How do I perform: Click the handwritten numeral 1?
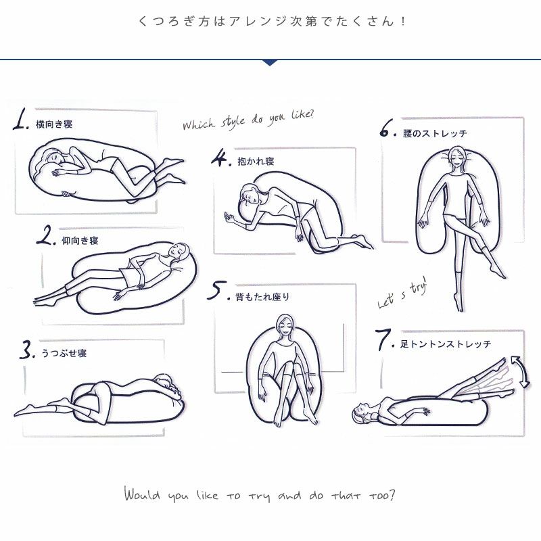click(x=20, y=120)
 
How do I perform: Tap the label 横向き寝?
click(x=54, y=124)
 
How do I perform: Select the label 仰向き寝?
click(x=80, y=241)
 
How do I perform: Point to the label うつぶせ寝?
click(x=64, y=353)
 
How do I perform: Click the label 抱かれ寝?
click(x=256, y=161)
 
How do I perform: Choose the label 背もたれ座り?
click(x=262, y=297)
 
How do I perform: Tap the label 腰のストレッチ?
click(x=435, y=133)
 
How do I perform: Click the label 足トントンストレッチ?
click(x=446, y=344)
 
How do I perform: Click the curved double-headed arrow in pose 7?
click(x=521, y=372)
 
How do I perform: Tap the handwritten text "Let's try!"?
click(x=402, y=293)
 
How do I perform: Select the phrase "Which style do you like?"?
click(x=248, y=120)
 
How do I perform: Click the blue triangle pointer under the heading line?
click(x=270, y=62)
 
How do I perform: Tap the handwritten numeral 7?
click(x=383, y=339)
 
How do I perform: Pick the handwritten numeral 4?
click(x=219, y=158)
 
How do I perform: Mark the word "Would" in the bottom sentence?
click(x=142, y=494)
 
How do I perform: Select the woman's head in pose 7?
click(x=361, y=412)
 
